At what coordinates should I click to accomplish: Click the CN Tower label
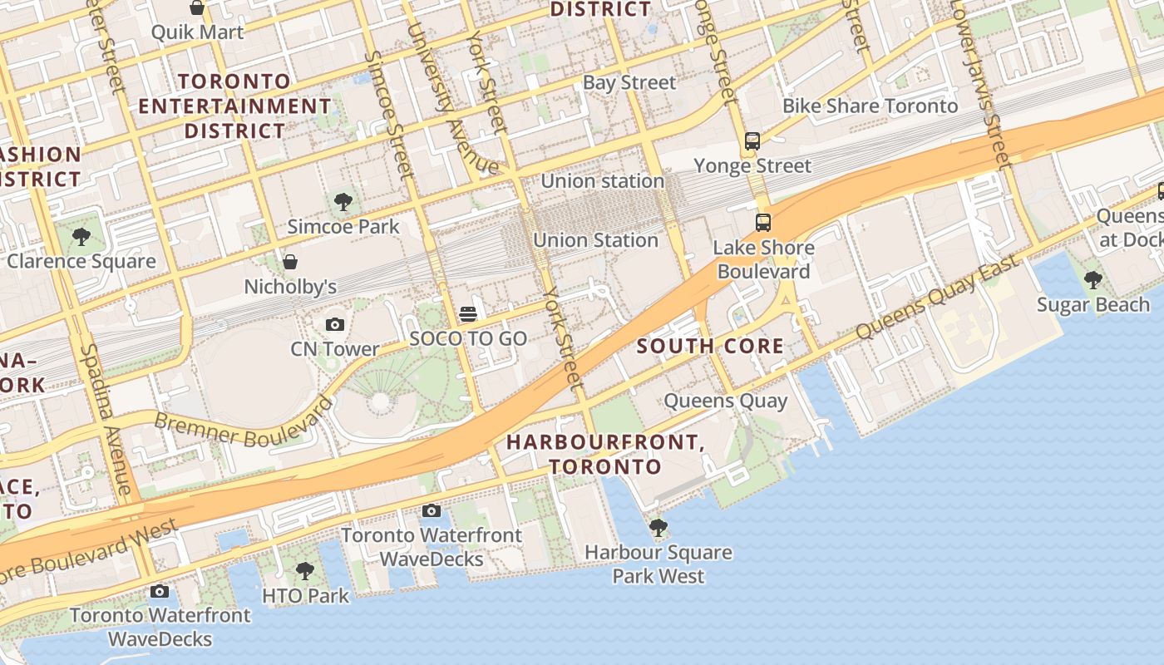pos(335,349)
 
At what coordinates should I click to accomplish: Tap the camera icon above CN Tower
pos(335,324)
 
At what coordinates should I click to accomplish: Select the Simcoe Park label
pos(343,226)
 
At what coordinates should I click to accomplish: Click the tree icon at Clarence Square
pos(81,237)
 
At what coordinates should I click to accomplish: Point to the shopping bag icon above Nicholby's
pos(290,262)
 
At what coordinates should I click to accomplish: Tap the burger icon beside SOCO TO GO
pos(468,314)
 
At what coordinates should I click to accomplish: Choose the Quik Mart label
pos(197,32)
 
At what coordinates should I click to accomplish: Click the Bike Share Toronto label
pos(871,106)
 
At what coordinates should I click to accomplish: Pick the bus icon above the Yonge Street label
pos(752,140)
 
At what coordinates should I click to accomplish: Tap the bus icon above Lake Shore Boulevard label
pos(763,223)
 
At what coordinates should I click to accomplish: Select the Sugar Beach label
pos(1093,305)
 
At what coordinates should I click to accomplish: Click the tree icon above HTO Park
pos(305,571)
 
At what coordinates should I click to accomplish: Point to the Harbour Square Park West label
pos(658,564)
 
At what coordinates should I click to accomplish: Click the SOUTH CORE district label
pos(710,347)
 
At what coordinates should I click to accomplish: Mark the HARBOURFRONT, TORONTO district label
pos(605,454)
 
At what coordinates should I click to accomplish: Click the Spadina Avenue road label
pos(106,420)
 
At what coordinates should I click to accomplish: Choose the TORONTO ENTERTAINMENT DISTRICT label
pos(235,106)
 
